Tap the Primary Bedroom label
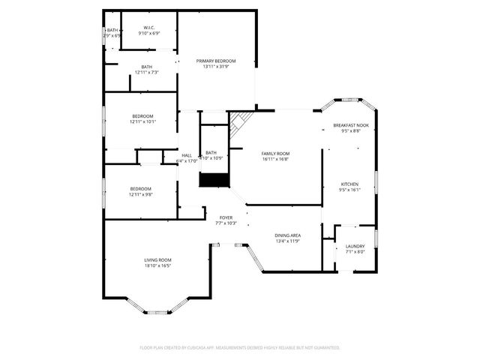216,61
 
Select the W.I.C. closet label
148,28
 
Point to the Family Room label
276,153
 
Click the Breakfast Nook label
351,125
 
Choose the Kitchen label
350,184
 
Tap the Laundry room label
355,246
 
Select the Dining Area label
287,235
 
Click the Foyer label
226,217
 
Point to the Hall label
186,155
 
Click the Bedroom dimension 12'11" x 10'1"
142,121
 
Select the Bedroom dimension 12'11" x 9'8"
140,194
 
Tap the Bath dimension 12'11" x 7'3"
146,72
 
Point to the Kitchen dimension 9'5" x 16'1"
350,190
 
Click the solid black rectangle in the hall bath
212,180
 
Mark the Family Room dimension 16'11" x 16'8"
276,159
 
